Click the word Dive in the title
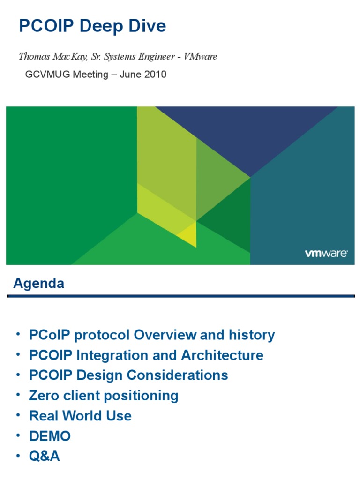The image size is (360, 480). point(147,25)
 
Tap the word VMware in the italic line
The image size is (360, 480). point(200,56)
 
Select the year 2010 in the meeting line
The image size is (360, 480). point(156,75)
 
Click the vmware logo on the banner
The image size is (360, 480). point(326,253)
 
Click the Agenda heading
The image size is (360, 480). point(39,283)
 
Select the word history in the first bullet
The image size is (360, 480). point(252,335)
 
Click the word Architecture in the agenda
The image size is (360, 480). point(222,355)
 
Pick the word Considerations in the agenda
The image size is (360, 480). point(178,375)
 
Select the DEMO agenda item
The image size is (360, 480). point(50,436)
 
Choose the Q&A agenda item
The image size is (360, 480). point(45,456)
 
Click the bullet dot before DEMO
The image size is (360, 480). point(18,435)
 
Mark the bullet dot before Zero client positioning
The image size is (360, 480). point(18,395)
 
